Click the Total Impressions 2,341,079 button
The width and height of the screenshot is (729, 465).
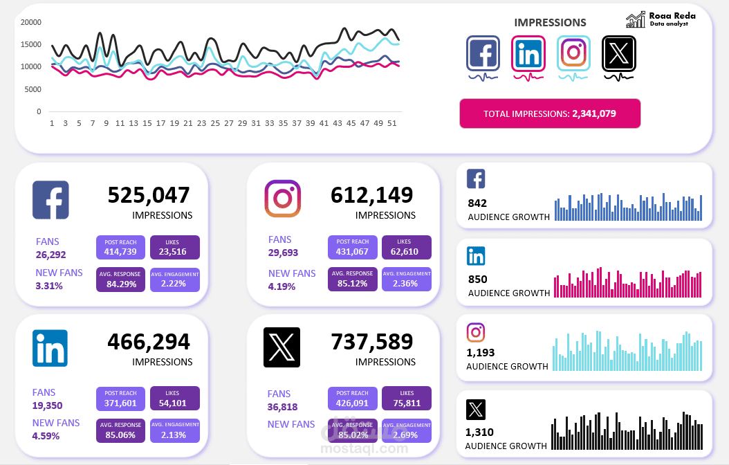(x=550, y=113)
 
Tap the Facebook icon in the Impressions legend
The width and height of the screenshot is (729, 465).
(x=483, y=53)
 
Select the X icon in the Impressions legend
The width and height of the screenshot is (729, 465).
(x=618, y=53)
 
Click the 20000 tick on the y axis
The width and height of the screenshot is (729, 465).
(x=31, y=22)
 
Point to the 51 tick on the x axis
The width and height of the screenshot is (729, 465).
(x=391, y=123)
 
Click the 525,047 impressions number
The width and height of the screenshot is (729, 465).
(x=148, y=195)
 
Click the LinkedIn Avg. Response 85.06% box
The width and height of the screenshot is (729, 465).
(x=120, y=430)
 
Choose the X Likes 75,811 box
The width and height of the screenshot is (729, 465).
(x=406, y=399)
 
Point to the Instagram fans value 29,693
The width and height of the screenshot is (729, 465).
(x=283, y=253)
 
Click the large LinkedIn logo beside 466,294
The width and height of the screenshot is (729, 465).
(x=50, y=347)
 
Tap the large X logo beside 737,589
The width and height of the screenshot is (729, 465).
(x=282, y=347)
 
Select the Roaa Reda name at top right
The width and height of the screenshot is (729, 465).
(x=672, y=15)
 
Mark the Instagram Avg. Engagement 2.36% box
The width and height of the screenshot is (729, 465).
(x=406, y=280)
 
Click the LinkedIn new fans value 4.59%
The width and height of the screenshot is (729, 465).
(x=46, y=436)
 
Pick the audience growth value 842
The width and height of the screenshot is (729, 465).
(x=477, y=203)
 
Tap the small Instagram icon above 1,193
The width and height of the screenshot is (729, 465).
(x=476, y=332)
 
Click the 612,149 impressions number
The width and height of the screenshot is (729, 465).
(x=372, y=195)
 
